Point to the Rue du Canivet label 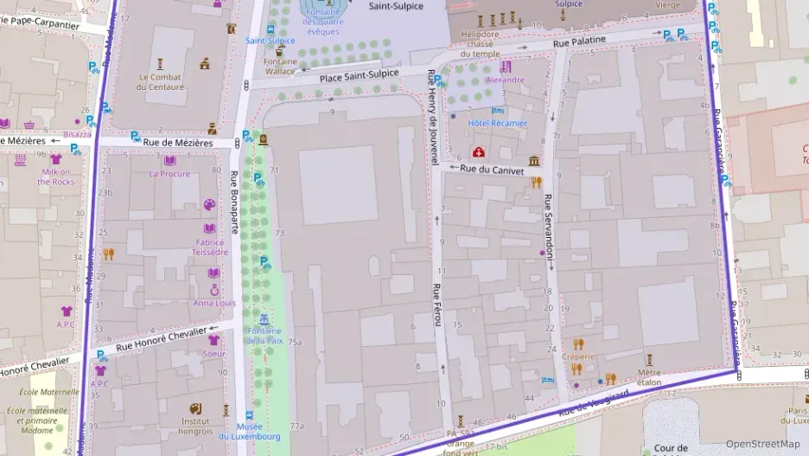click(x=491, y=170)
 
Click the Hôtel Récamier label click(x=497, y=124)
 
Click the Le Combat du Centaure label click(x=162, y=81)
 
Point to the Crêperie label click(x=577, y=356)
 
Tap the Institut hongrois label click(x=196, y=425)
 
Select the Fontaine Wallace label click(x=280, y=67)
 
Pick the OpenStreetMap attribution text click(x=761, y=444)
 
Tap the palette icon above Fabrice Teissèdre click(x=210, y=205)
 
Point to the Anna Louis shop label click(x=214, y=303)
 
